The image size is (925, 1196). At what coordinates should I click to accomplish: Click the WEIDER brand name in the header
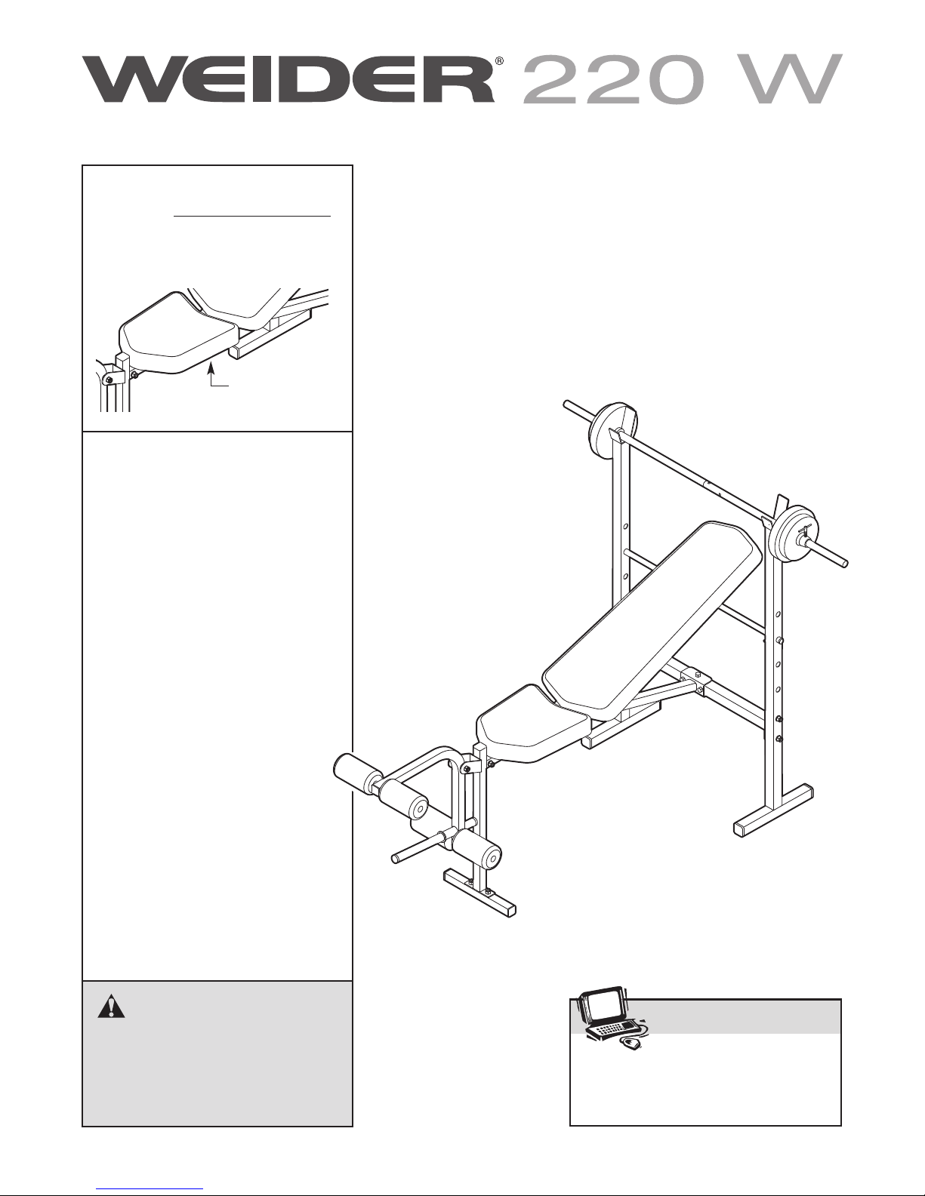point(289,80)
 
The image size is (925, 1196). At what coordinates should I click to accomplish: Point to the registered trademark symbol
point(499,62)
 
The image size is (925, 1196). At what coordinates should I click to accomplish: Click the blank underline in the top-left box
point(252,217)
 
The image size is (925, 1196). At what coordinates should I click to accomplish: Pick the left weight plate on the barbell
point(613,429)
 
